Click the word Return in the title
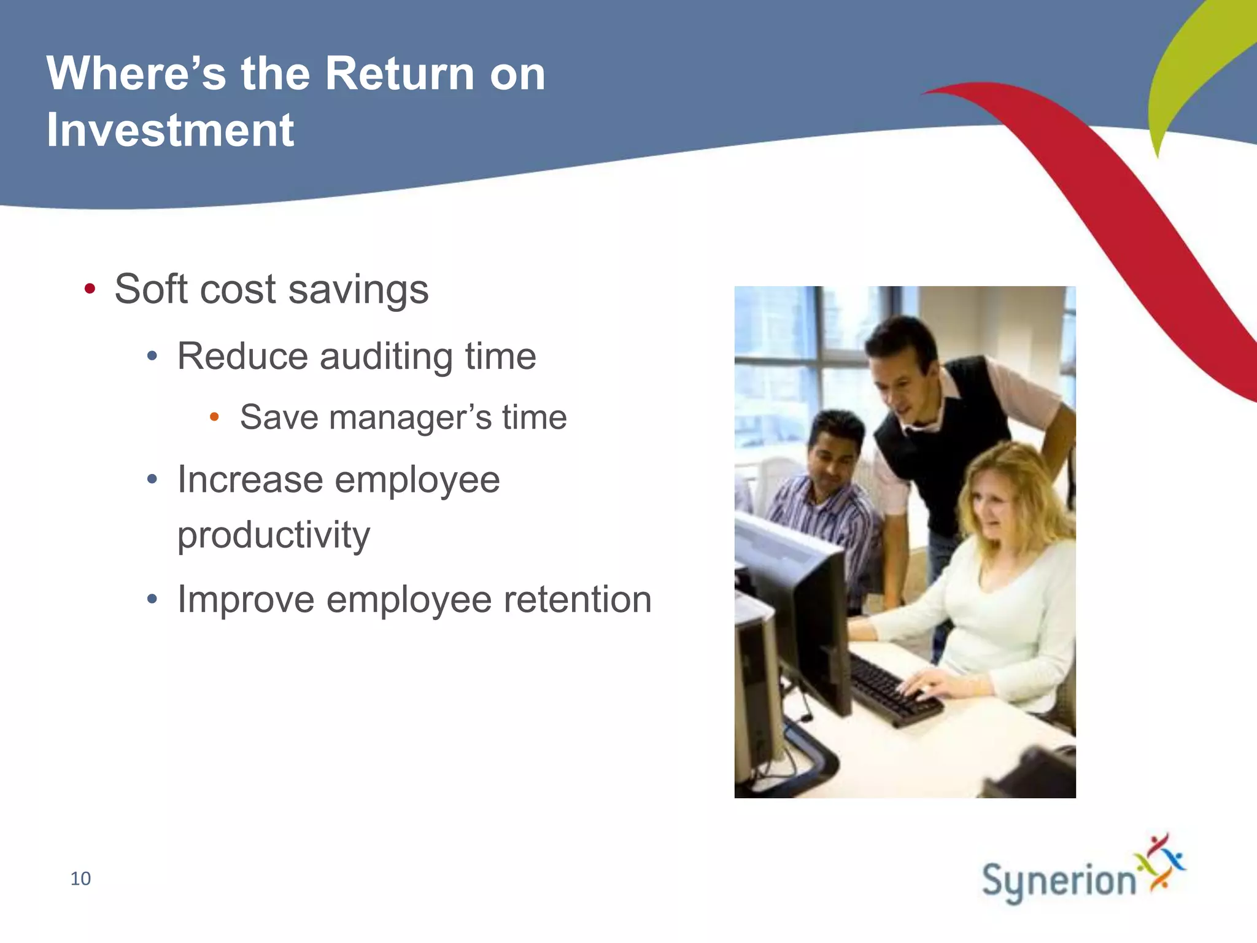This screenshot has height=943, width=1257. coord(399,74)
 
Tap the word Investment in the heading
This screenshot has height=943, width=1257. coord(170,130)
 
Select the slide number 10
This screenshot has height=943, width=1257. coord(80,879)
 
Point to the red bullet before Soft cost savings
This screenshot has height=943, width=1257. coord(90,289)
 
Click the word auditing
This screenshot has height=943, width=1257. coord(386,356)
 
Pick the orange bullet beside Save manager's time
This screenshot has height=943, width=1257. coord(214,417)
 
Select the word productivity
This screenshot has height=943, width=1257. coord(274,535)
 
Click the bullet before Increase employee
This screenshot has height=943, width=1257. coord(153,479)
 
